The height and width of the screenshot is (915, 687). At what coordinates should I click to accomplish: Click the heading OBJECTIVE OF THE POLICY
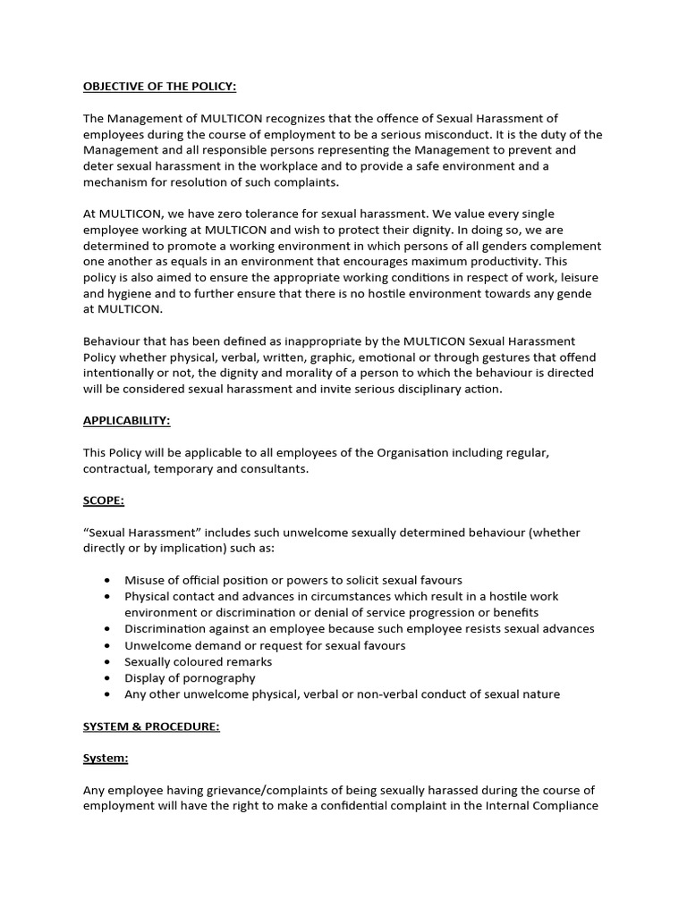(159, 86)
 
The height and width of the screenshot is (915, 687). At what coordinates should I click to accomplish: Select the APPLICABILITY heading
(126, 420)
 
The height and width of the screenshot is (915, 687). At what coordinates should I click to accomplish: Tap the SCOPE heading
(105, 499)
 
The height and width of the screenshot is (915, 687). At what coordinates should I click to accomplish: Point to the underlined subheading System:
(106, 758)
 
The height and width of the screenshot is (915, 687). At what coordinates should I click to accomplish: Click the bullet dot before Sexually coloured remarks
(107, 662)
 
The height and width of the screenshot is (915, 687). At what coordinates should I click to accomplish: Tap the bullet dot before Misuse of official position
(107, 581)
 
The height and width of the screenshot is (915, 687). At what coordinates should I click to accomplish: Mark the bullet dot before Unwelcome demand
(107, 645)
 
